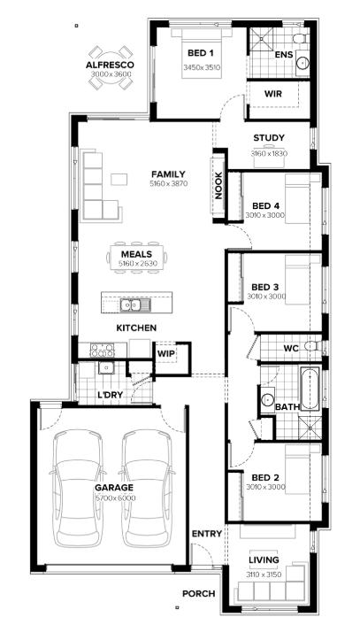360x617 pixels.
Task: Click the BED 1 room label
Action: tap(201, 53)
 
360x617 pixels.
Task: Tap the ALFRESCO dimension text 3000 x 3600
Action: tap(111, 74)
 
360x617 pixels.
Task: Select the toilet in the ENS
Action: tap(301, 39)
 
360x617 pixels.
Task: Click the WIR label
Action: tap(272, 94)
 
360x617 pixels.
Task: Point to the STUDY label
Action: tap(269, 138)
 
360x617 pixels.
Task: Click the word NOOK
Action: tap(218, 185)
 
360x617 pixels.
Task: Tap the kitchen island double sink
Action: tap(131, 304)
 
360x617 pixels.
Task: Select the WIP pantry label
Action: tap(166, 353)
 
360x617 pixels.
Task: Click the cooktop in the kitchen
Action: tap(103, 348)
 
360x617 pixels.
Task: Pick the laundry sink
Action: tap(106, 368)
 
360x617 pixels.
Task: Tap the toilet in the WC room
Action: tap(313, 346)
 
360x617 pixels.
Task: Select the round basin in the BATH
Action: tap(268, 399)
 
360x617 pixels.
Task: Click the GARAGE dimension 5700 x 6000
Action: tap(116, 498)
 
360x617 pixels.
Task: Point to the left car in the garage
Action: tap(78, 489)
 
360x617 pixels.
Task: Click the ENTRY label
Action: tap(207, 534)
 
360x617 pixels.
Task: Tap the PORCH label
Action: tap(199, 593)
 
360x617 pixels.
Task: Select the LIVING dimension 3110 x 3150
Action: tap(264, 575)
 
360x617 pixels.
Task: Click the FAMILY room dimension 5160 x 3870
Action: tap(169, 183)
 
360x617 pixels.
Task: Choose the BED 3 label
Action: tap(265, 287)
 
